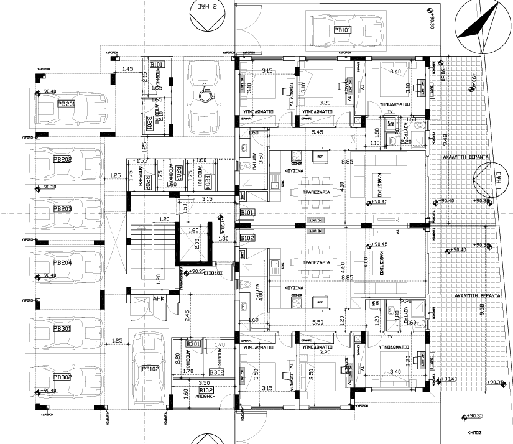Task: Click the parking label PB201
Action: click(64, 104)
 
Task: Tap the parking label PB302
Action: click(64, 377)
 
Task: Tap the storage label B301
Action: click(193, 344)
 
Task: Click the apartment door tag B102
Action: click(247, 238)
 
